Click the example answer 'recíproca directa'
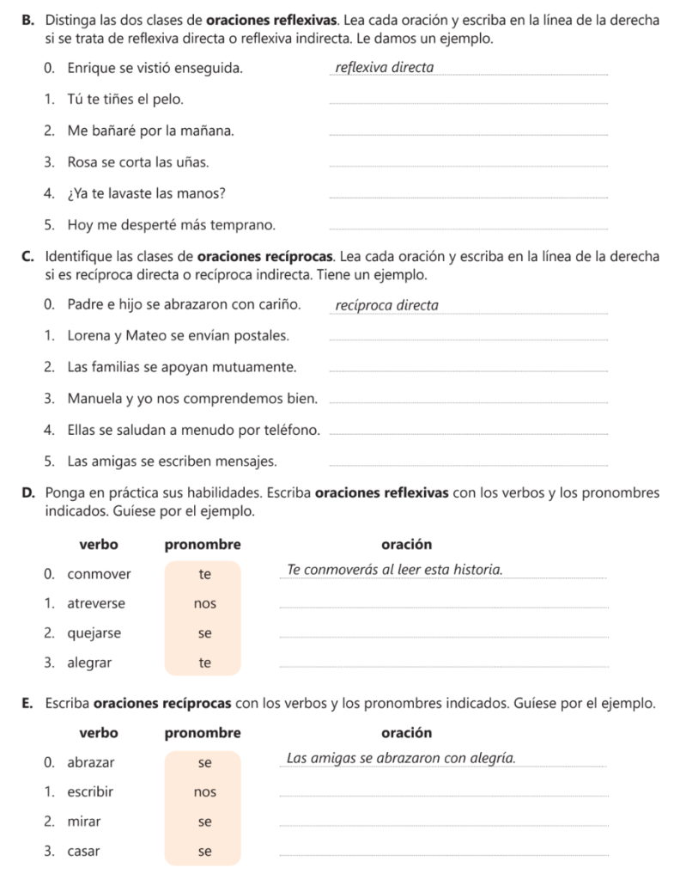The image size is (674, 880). [386, 305]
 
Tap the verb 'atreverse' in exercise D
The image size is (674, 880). [96, 603]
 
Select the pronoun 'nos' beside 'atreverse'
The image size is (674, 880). [204, 603]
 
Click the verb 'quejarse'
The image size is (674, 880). [94, 633]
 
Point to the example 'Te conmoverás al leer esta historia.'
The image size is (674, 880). [395, 570]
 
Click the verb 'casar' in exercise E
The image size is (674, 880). [83, 852]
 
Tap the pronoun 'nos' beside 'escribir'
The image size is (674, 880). [204, 791]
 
